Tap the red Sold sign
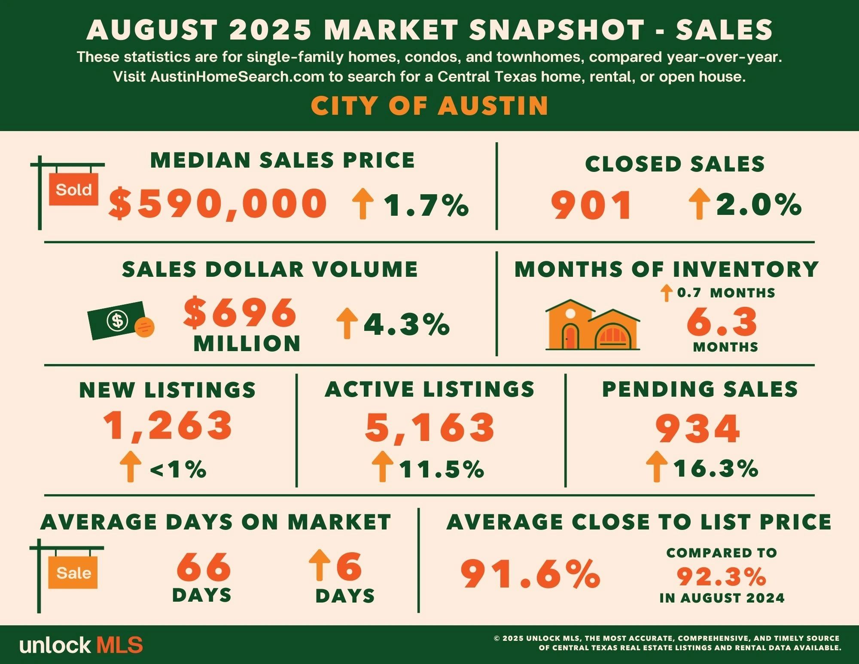tap(73, 189)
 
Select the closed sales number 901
tap(591, 205)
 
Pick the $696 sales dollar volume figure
tap(240, 312)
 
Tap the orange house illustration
tap(592, 325)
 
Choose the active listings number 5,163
tap(430, 428)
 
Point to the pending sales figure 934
tap(698, 428)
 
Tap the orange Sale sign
tap(73, 572)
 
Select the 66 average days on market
tap(204, 567)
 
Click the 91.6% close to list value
tap(530, 573)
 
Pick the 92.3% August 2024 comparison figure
tap(722, 577)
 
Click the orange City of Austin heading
tap(429, 105)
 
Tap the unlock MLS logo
tap(81, 645)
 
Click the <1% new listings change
tap(178, 469)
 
